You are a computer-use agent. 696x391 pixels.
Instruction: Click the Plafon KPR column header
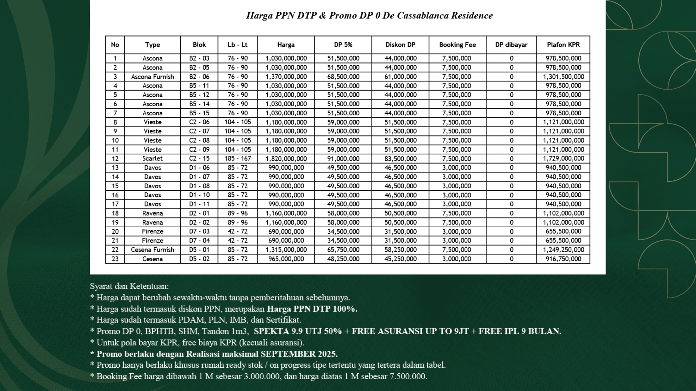pos(563,45)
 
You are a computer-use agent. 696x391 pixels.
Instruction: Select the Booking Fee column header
pos(457,45)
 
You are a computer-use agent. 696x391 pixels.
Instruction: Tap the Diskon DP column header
pos(400,45)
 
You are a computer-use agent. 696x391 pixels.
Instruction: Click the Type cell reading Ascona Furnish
pos(152,77)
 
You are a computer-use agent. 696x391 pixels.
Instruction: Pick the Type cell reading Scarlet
pos(152,158)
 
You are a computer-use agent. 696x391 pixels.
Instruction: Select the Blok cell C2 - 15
pos(199,158)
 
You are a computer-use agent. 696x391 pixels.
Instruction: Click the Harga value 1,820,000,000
pos(286,159)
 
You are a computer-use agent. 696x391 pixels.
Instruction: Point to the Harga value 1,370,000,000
pos(286,77)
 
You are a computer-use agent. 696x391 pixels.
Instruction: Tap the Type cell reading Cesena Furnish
pos(152,250)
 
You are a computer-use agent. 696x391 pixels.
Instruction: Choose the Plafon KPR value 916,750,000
pos(563,259)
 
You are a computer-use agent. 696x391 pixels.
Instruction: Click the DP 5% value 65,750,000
pos(343,250)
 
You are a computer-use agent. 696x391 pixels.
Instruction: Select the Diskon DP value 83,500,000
pos(400,159)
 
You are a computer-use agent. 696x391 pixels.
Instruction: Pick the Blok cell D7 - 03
pos(199,231)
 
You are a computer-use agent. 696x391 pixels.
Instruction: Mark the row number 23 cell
pos(115,259)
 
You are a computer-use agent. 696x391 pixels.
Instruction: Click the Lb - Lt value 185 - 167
pos(237,158)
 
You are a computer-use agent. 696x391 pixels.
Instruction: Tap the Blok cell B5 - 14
pos(199,104)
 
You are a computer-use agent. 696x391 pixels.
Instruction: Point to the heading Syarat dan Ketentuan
pos(129,286)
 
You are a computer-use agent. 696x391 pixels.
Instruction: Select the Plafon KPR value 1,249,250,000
pos(563,250)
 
